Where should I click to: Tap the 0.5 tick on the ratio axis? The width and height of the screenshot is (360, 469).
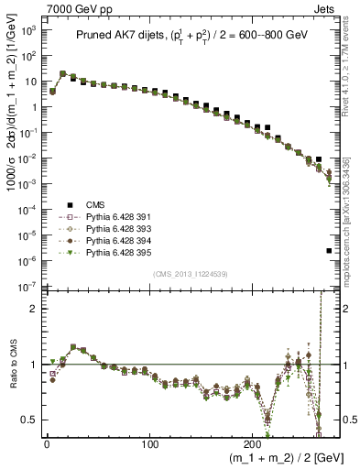pyautogui.click(x=27, y=420)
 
